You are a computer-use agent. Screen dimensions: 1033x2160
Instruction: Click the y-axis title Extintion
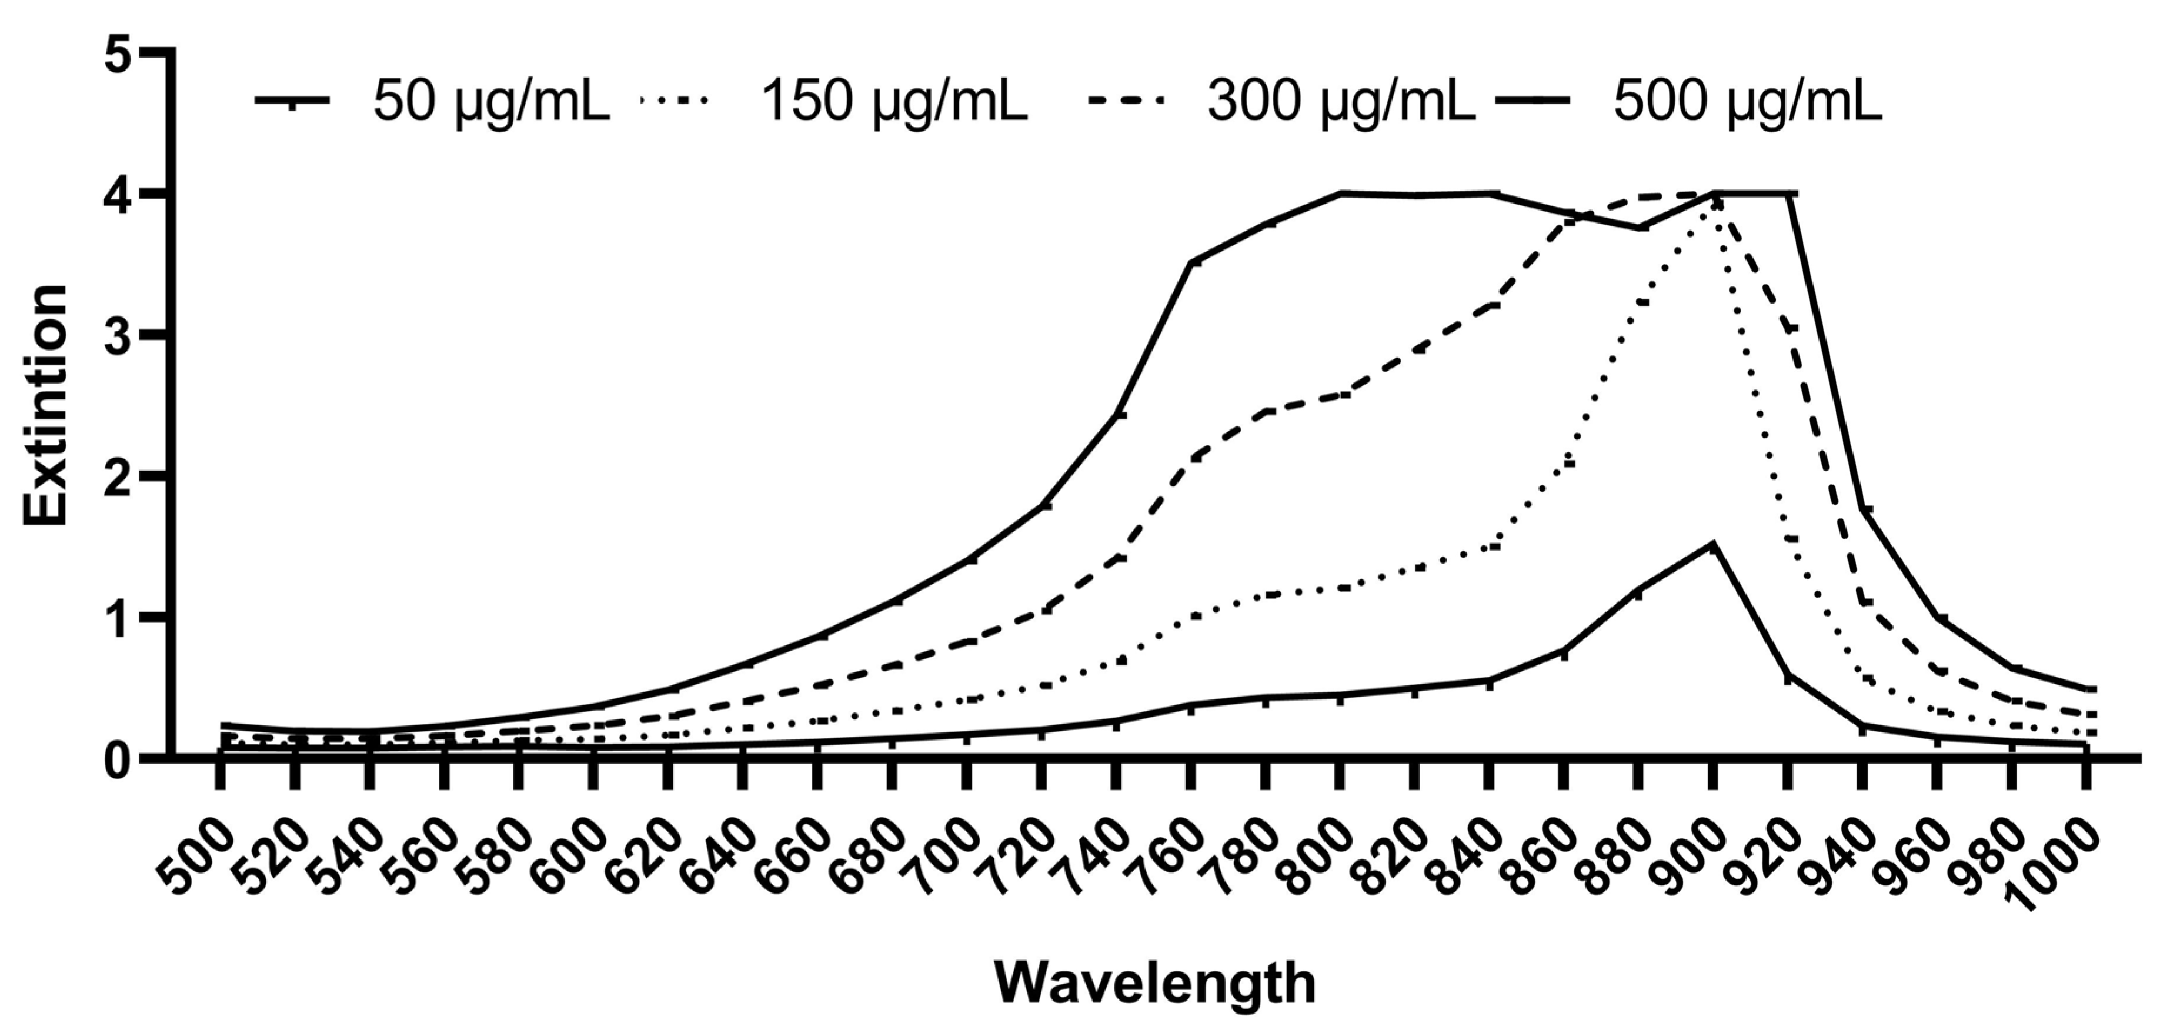(x=45, y=405)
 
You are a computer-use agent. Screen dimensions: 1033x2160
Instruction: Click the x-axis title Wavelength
(x=1154, y=982)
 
